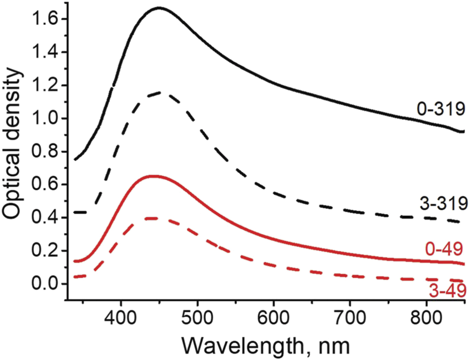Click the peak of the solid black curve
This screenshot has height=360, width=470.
(x=159, y=8)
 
